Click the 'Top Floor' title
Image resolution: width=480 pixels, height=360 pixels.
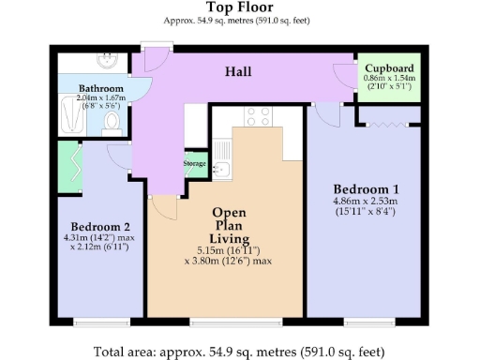coord(239,7)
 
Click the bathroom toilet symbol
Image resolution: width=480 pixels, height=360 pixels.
coord(112,121)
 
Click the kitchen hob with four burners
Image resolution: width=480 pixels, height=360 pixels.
coord(258,116)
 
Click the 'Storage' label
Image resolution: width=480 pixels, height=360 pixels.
coord(194,162)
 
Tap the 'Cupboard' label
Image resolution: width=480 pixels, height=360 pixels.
coord(389,69)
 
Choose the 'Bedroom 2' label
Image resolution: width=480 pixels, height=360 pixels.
coord(99,226)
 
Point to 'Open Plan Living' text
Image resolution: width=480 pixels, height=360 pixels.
coord(229,226)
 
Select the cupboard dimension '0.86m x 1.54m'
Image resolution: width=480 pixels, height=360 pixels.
coord(389,79)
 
